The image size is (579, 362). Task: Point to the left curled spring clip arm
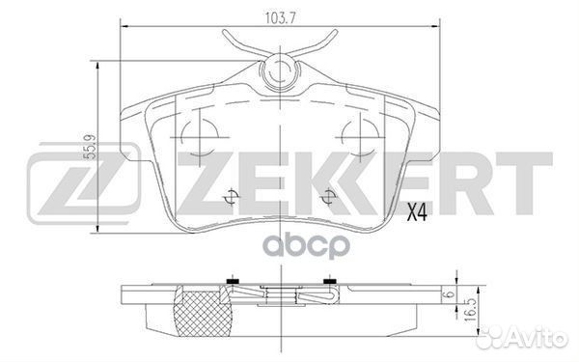coord(234,42)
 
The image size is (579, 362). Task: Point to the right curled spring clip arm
coord(322,42)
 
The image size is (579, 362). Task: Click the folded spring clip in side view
coord(280,296)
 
